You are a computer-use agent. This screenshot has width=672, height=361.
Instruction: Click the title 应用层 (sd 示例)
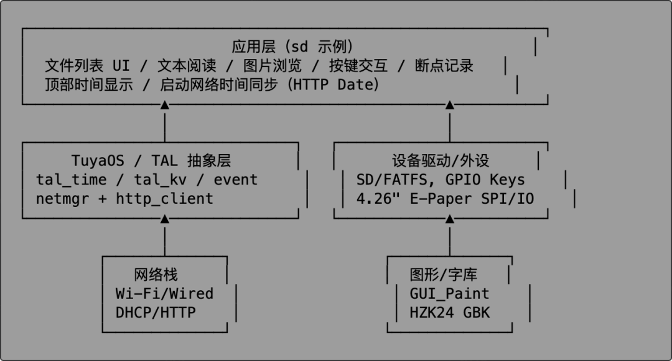click(292, 47)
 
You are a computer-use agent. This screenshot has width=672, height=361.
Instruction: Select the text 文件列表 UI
click(87, 66)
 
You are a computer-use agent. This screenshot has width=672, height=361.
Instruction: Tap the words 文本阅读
click(187, 66)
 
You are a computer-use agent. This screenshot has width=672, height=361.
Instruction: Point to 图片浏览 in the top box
click(273, 66)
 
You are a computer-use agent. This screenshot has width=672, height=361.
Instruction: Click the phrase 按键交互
click(358, 66)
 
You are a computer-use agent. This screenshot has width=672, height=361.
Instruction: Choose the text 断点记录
click(444, 66)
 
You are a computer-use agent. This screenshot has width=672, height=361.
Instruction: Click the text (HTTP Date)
click(334, 85)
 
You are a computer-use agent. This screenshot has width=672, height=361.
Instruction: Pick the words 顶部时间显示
click(89, 85)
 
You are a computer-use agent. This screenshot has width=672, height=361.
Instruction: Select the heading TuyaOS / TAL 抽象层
click(151, 160)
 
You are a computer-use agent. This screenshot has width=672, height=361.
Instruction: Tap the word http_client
click(165, 199)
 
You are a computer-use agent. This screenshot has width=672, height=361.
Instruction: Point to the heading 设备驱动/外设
click(441, 160)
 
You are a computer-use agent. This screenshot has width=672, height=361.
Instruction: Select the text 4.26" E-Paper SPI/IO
click(446, 199)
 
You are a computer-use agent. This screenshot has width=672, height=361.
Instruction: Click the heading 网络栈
click(156, 275)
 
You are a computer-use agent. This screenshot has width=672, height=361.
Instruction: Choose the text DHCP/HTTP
click(156, 313)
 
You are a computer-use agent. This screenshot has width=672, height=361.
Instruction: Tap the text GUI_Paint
click(449, 293)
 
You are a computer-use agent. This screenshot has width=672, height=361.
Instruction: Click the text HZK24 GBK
click(449, 313)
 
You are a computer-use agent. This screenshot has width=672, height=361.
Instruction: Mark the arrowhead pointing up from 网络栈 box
click(165, 219)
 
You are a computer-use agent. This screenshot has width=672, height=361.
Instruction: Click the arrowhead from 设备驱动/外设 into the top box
click(449, 106)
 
